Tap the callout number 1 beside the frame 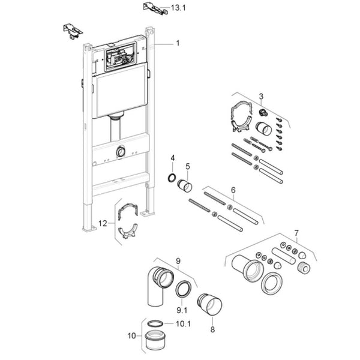click(x=178, y=43)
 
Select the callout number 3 click(x=261, y=96)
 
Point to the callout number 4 click(x=172, y=158)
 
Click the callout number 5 click(x=187, y=166)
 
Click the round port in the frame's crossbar click(x=122, y=152)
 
